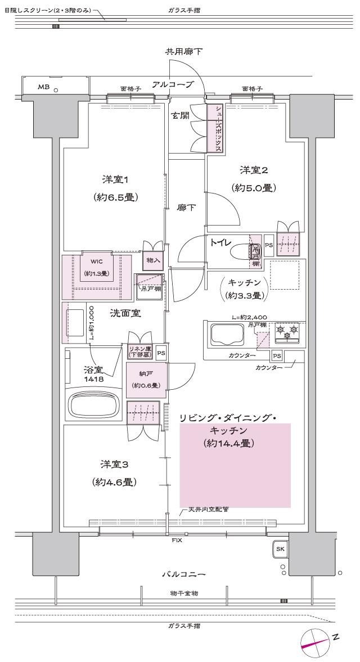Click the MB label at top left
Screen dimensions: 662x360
(x=43, y=87)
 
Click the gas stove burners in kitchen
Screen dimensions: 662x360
(x=287, y=332)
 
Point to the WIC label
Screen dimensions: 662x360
(x=96, y=261)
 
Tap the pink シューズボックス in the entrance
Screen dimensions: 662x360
(x=215, y=128)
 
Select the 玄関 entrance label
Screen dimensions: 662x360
(x=181, y=116)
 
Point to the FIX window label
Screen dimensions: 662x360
(x=176, y=540)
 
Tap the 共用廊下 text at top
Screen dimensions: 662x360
(x=183, y=51)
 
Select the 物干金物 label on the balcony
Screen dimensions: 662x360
(x=183, y=593)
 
